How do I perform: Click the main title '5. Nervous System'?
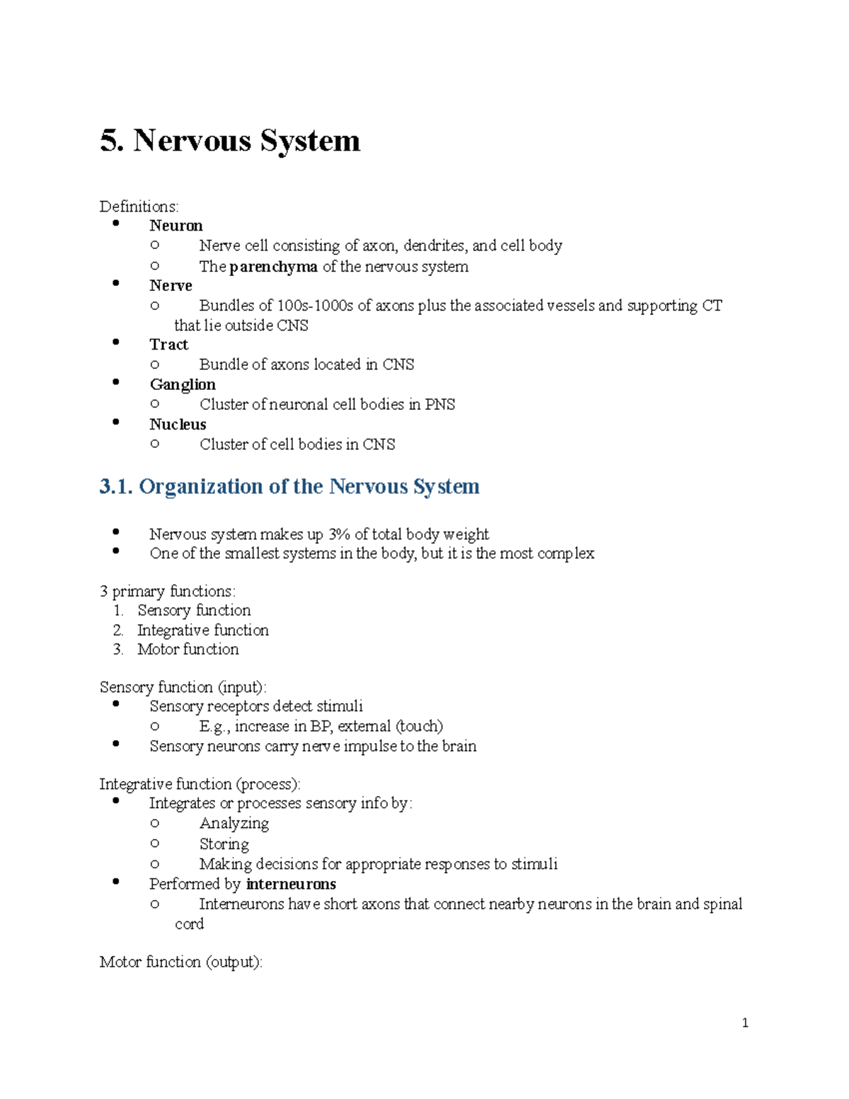tap(230, 140)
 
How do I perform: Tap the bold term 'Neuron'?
tap(175, 226)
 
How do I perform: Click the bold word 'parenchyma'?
tap(273, 267)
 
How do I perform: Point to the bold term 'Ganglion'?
tap(183, 384)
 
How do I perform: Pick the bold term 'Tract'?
tap(168, 345)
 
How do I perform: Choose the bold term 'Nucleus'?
tap(178, 425)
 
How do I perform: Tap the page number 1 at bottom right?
tap(745, 1023)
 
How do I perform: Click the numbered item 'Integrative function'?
tap(202, 630)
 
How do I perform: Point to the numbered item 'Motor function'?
tap(187, 649)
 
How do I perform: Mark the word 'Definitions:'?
tap(139, 207)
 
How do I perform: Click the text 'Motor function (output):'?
tap(180, 962)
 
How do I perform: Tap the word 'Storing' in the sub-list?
tap(224, 844)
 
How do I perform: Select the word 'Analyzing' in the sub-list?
tap(233, 824)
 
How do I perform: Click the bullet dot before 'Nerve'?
tap(116, 283)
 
